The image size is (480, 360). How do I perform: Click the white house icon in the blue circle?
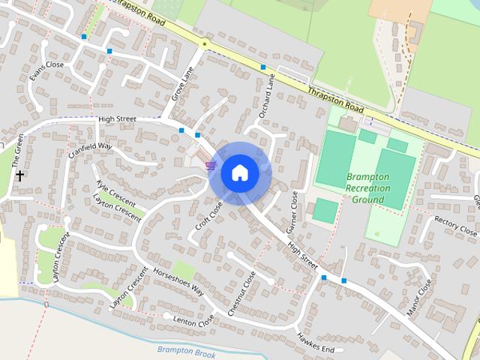[x=239, y=172]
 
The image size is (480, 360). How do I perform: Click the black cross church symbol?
[x=19, y=175]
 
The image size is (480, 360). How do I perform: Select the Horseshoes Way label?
[x=177, y=279]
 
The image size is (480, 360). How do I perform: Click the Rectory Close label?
[x=456, y=226]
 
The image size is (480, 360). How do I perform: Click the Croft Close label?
[x=210, y=216]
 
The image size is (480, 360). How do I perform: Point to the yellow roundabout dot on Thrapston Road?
[x=204, y=45]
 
